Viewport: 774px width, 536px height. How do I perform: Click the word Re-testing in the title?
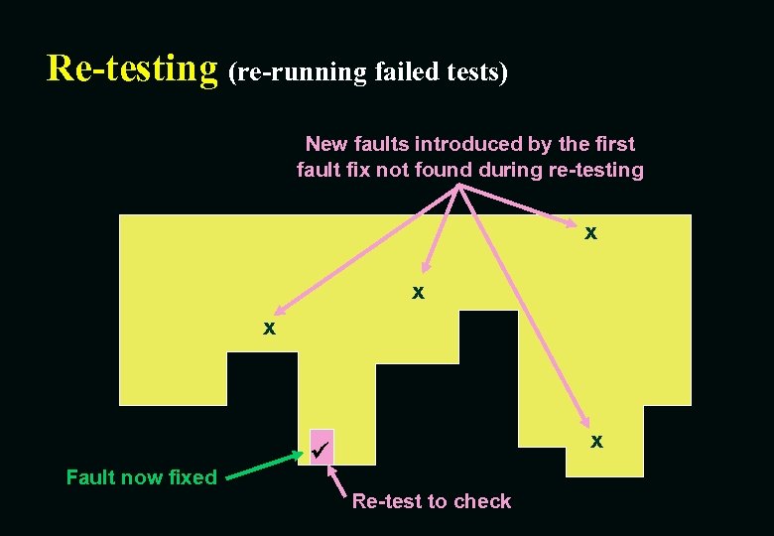coord(132,68)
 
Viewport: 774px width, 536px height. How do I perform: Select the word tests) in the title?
coord(478,71)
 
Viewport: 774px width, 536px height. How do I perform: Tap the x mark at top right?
coord(590,233)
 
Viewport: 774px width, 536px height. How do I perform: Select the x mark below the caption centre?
coord(419,293)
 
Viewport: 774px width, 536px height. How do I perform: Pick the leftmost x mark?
coord(269,328)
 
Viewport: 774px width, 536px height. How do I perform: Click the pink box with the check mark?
coord(322,448)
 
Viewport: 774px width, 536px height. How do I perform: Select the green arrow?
coord(264,468)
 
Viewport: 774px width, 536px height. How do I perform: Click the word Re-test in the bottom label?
coord(384,501)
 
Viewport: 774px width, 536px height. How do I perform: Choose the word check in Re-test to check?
coord(482,501)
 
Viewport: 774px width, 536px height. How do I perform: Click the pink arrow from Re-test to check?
coord(335,478)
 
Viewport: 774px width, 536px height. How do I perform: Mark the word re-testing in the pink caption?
coord(595,170)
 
